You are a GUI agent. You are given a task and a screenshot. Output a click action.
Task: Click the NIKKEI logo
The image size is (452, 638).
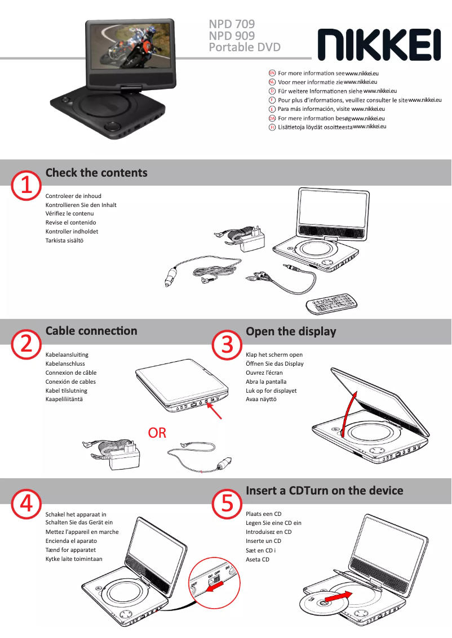(x=379, y=45)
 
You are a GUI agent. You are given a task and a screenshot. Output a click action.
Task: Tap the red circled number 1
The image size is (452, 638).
(x=26, y=186)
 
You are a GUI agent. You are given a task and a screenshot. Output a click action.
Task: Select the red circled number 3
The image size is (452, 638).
(x=227, y=345)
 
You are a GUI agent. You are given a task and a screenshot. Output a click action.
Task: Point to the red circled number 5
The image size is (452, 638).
(x=227, y=504)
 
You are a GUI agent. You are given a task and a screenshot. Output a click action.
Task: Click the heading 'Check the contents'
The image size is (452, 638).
(x=96, y=173)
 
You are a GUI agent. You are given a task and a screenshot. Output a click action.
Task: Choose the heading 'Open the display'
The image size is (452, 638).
(x=291, y=331)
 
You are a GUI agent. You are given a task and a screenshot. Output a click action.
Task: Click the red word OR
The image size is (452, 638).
(x=157, y=433)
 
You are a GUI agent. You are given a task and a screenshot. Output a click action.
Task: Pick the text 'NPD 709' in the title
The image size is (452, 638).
(x=232, y=24)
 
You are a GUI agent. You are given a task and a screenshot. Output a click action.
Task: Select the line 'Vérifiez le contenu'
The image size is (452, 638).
(x=70, y=214)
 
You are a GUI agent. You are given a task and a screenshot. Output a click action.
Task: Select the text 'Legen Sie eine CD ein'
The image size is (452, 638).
(x=273, y=523)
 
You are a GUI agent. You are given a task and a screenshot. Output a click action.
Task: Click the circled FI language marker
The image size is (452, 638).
(x=272, y=127)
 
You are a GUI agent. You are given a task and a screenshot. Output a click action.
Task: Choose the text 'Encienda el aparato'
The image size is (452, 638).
(x=72, y=541)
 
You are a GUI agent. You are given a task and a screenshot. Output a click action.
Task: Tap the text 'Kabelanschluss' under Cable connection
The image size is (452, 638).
(x=65, y=364)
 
